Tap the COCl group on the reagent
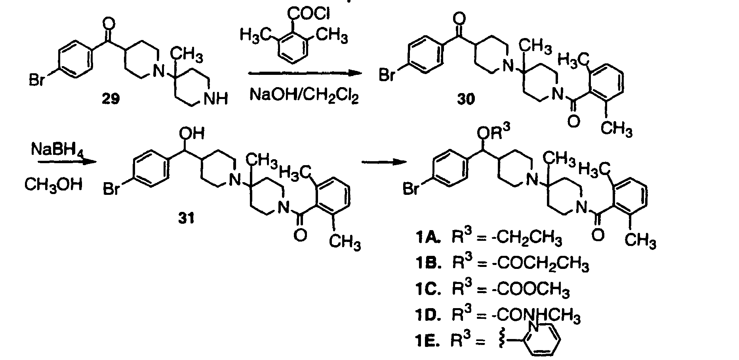310,14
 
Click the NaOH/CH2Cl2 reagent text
304,96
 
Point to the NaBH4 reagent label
57,150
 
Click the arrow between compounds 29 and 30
303,73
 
